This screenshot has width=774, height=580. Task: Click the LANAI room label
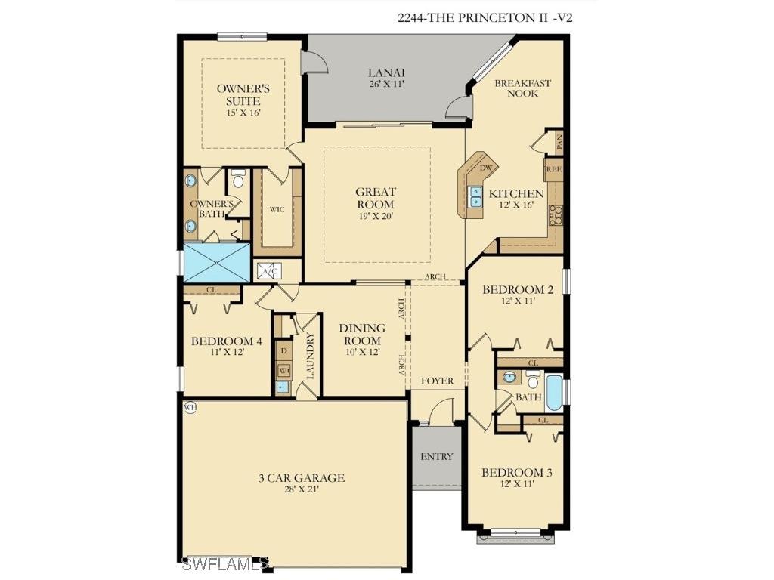coord(386,72)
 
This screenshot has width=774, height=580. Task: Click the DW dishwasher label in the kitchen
coord(486,168)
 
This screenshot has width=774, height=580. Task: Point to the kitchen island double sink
coord(476,197)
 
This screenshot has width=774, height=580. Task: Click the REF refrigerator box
coord(554,170)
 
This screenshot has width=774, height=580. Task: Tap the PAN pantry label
coord(559,140)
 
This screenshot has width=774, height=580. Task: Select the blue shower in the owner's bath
coord(217,262)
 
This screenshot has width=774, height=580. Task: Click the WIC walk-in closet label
coord(277,209)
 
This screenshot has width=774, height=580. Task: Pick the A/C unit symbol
coord(268,272)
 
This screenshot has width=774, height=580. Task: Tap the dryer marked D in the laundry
coord(283,351)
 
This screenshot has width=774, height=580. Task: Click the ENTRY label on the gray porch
coord(437,456)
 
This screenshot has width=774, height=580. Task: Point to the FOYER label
coord(437,381)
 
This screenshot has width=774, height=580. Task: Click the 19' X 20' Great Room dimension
coord(376,217)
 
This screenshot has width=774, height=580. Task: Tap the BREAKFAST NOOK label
coord(522,88)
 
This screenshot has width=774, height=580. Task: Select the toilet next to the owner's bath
coord(238,179)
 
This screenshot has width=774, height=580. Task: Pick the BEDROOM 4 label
coord(227,341)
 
